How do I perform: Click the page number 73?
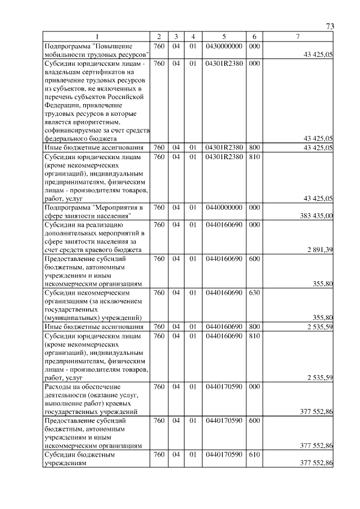click(x=330, y=26)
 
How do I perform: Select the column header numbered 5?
click(x=224, y=37)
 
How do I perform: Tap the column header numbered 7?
click(x=298, y=37)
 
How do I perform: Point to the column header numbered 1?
click(x=96, y=37)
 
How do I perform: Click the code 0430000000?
click(x=224, y=46)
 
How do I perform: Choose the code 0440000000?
click(x=224, y=208)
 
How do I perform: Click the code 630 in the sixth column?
click(x=254, y=293)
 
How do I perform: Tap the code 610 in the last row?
click(x=254, y=455)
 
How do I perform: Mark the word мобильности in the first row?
click(x=67, y=55)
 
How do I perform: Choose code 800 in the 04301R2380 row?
click(x=254, y=147)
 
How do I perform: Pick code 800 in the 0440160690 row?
click(x=254, y=327)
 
